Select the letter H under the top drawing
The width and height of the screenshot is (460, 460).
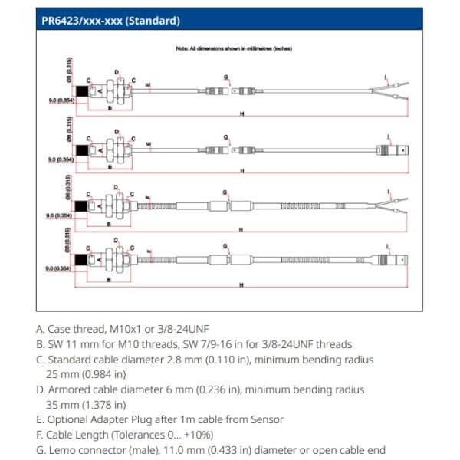[242, 114]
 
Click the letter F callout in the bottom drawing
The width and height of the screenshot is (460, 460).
[147, 251]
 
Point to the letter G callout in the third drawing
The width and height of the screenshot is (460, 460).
[225, 192]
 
